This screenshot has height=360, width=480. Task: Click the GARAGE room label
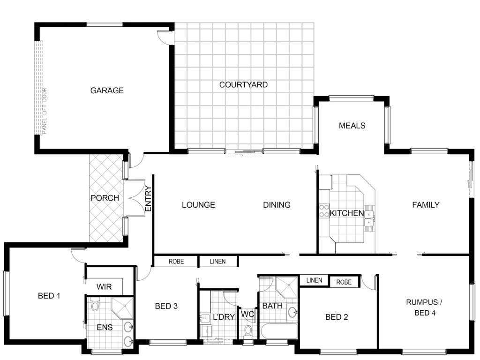pyautogui.click(x=107, y=90)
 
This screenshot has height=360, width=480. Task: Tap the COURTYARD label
pyautogui.click(x=243, y=84)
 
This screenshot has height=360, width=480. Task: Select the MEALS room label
pyautogui.click(x=352, y=126)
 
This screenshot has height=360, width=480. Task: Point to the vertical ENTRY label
pyautogui.click(x=148, y=199)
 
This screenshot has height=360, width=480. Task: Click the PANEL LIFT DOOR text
pyautogui.click(x=45, y=111)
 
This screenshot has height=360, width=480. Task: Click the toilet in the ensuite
pyautogui.click(x=95, y=305)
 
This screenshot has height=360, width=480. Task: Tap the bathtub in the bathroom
pyautogui.click(x=279, y=331)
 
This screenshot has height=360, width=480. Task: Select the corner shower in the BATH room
pyautogui.click(x=286, y=287)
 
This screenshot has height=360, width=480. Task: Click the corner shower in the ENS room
pyautogui.click(x=122, y=308)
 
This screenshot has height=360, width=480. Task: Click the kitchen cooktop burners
pyautogui.click(x=324, y=211)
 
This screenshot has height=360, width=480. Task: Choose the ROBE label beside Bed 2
pyautogui.click(x=344, y=282)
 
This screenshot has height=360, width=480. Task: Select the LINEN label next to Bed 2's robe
pyautogui.click(x=314, y=280)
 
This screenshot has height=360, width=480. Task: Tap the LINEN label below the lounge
pyautogui.click(x=217, y=262)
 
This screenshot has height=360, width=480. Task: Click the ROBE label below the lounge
pyautogui.click(x=176, y=262)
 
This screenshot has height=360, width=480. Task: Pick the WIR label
pyautogui.click(x=104, y=287)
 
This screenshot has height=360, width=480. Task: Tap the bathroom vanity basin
pyautogui.click(x=292, y=312)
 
